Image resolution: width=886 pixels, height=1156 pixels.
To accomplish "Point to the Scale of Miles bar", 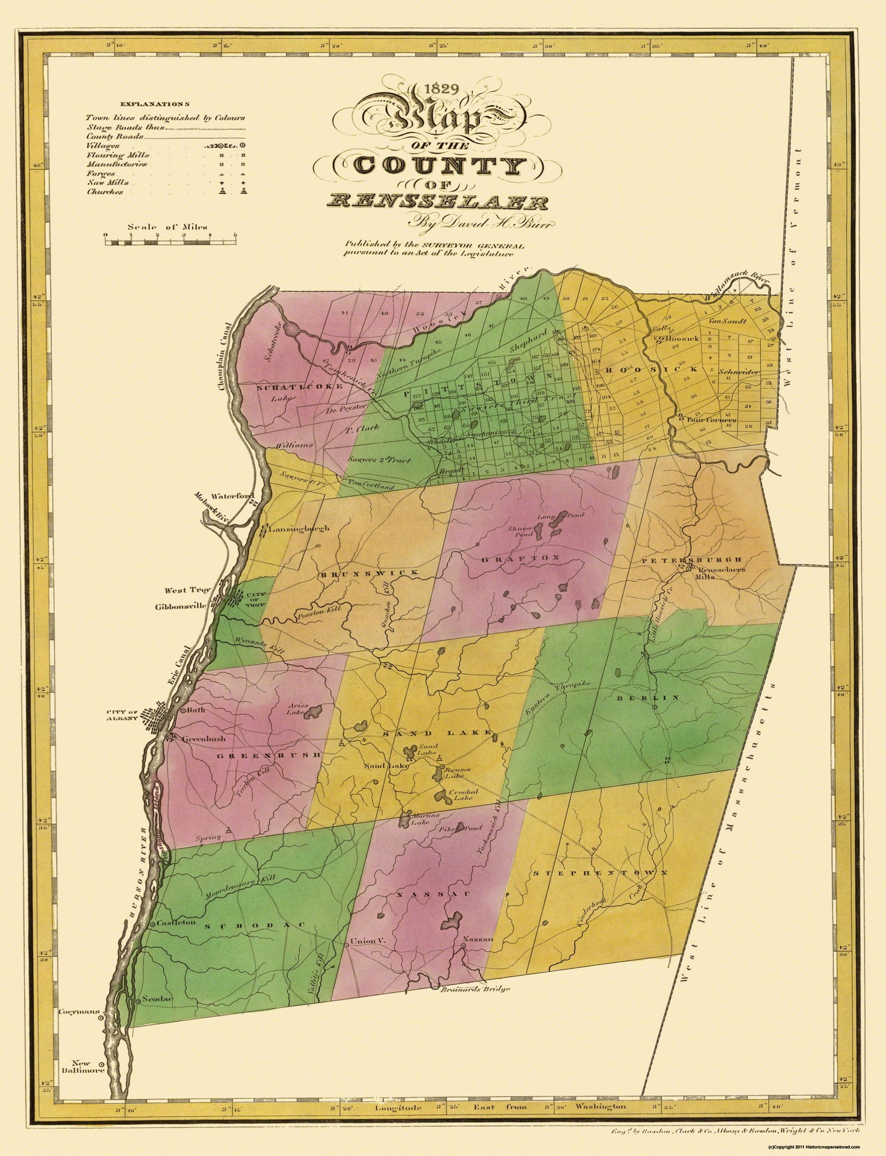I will point(171,242).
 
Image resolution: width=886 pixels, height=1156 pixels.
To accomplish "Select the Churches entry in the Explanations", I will point(105,192).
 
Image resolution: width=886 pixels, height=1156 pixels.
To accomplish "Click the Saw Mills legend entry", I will point(105,183).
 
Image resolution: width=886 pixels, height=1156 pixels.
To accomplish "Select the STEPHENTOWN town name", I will point(600,873).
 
